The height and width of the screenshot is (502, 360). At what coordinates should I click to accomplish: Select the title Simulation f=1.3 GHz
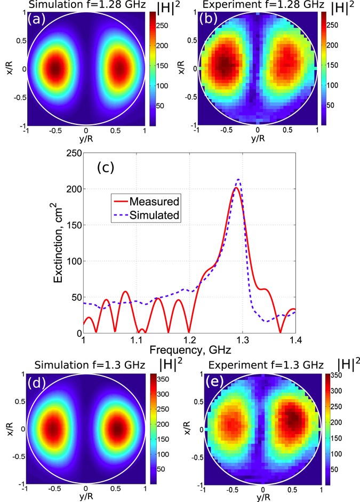[94, 364]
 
